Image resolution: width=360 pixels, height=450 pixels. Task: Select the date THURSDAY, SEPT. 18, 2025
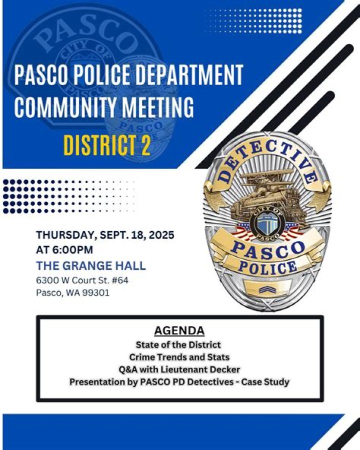point(105,235)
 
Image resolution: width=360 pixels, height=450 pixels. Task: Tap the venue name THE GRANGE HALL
point(91,265)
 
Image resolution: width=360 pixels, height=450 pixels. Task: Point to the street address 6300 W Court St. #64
point(82,280)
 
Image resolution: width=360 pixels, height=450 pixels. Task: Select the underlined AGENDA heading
point(179,331)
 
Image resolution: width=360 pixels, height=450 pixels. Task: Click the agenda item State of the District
point(178,345)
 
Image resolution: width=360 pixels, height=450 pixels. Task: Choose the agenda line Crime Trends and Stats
point(179,357)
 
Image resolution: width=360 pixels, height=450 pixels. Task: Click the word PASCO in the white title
point(38,76)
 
